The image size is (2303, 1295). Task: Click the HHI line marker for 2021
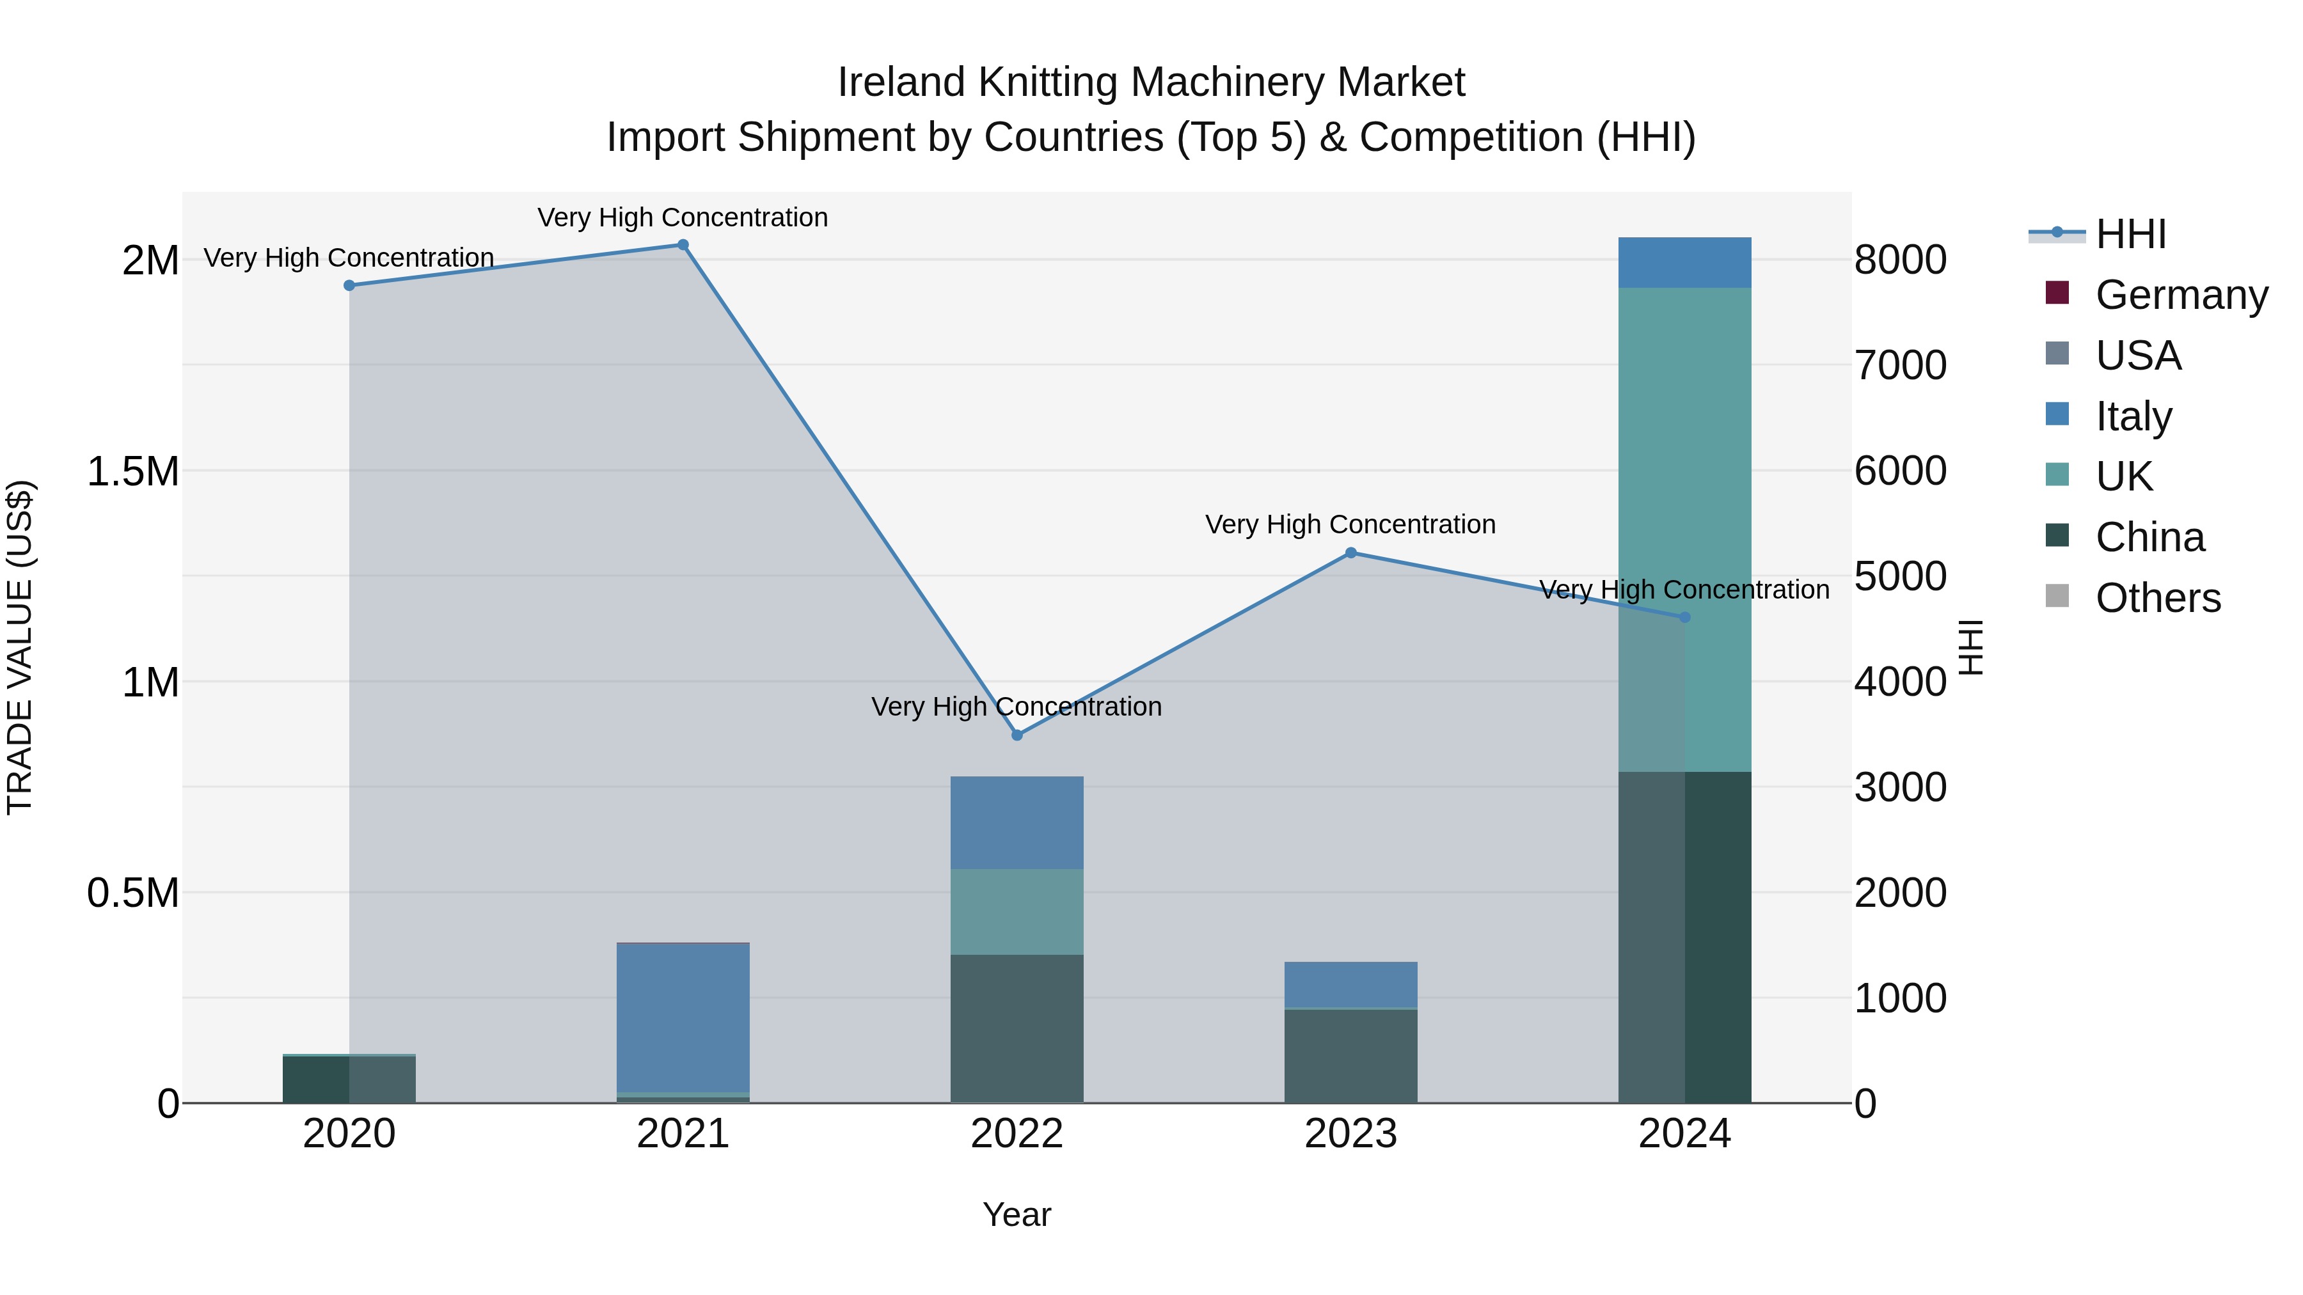point(683,245)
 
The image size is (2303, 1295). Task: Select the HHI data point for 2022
point(1017,735)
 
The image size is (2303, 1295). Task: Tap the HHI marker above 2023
point(1351,553)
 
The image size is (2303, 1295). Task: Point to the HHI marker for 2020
point(349,285)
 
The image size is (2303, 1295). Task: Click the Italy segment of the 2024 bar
point(1684,263)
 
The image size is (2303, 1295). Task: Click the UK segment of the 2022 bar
point(1017,911)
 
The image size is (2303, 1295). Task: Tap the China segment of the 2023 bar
point(1351,1055)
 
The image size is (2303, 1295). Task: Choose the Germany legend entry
point(2181,295)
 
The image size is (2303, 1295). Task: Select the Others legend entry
point(2157,598)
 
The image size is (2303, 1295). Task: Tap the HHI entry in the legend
point(2130,234)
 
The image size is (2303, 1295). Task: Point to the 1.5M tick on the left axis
point(133,471)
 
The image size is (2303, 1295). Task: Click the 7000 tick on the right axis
point(1900,366)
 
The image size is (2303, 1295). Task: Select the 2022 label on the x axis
point(1017,1134)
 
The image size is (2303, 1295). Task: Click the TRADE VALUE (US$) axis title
point(20,647)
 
